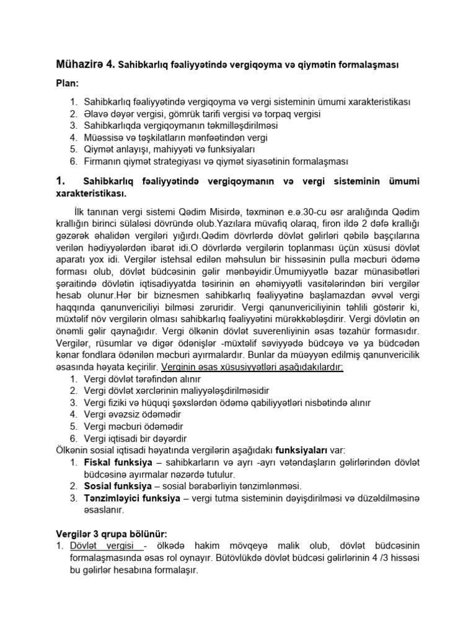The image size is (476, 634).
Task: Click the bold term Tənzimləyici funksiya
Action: (131, 498)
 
